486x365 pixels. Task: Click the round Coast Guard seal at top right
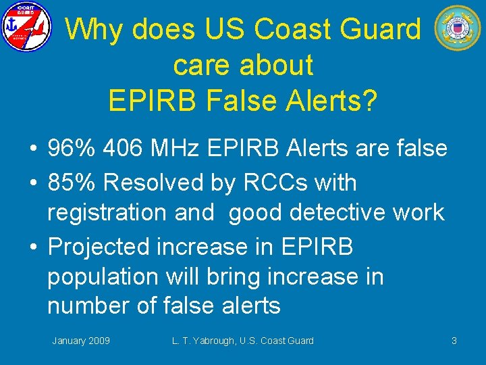457,28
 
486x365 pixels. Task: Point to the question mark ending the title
369,101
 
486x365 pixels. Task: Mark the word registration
107,212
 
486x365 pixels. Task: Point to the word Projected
99,247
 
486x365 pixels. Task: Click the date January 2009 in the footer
81,341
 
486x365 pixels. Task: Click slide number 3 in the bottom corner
454,341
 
